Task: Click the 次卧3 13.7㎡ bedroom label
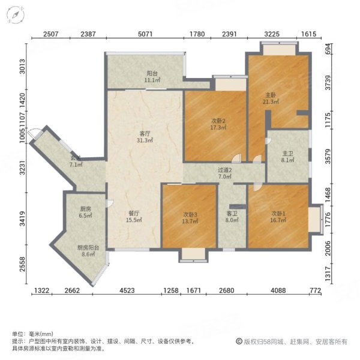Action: (x=190, y=218)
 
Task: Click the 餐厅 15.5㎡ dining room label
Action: (x=133, y=217)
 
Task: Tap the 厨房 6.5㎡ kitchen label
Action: (x=86, y=212)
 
